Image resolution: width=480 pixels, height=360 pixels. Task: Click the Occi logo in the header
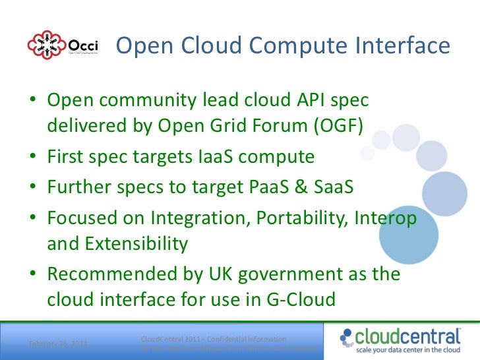(63, 45)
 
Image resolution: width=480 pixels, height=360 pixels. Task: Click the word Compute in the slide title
(289, 46)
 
